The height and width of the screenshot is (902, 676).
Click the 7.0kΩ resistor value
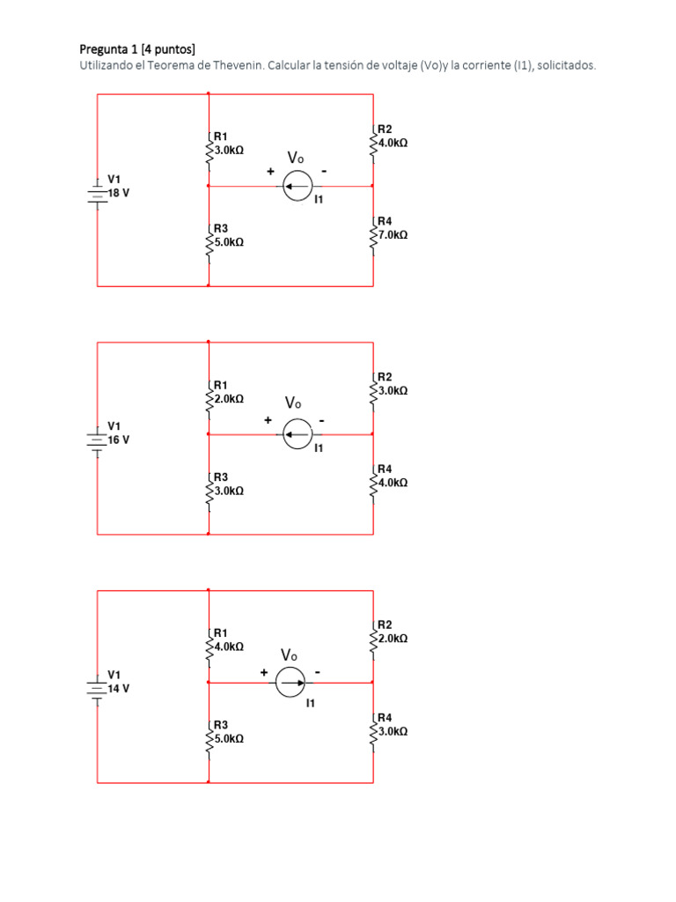pyautogui.click(x=393, y=235)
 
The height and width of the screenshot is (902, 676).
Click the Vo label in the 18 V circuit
pyautogui.click(x=296, y=159)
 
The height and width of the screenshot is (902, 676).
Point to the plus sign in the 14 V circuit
pyautogui.click(x=264, y=673)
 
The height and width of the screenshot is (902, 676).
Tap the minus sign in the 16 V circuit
pyautogui.click(x=322, y=421)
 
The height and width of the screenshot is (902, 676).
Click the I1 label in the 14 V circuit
pyautogui.click(x=311, y=704)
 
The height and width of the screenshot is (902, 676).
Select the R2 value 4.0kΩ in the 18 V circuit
pyautogui.click(x=393, y=142)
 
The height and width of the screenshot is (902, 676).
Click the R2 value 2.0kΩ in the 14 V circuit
pyautogui.click(x=393, y=638)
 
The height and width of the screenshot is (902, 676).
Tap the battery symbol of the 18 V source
pyautogui.click(x=97, y=191)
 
